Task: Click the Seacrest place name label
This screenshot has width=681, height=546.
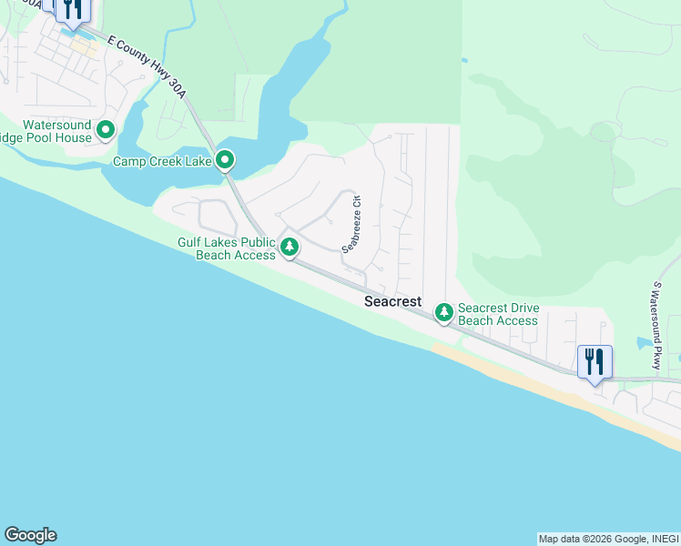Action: [392, 301]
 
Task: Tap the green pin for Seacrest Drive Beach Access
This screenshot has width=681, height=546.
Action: [443, 313]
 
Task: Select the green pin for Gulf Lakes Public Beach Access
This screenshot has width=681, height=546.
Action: [290, 247]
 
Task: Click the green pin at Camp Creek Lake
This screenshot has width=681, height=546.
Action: [226, 161]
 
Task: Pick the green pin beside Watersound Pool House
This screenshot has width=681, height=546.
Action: [106, 131]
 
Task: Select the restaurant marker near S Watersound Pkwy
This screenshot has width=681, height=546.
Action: [595, 362]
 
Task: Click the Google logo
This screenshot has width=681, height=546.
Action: [30, 535]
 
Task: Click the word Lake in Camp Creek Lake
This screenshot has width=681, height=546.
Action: [198, 161]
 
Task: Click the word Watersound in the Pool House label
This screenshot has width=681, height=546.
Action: [56, 125]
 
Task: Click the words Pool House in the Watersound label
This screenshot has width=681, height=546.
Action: [60, 137]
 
